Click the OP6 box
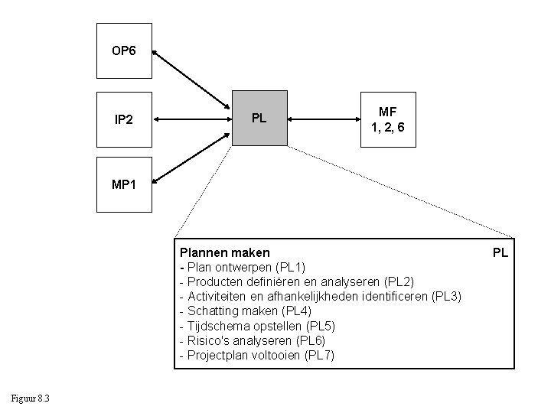click(124, 51)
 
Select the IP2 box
click(124, 119)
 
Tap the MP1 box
click(124, 184)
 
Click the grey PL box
click(259, 119)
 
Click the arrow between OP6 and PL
click(192, 79)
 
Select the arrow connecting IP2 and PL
click(192, 119)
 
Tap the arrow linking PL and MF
click(328, 119)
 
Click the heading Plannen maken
click(224, 252)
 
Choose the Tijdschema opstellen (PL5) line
click(256, 326)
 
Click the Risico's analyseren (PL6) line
click(252, 340)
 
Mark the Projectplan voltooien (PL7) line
click(256, 355)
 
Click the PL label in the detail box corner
click(500, 252)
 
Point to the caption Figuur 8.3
click(31, 397)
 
